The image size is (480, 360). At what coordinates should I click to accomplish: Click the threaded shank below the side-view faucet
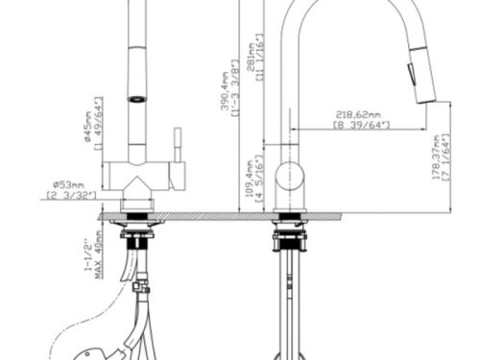click(289, 288)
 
